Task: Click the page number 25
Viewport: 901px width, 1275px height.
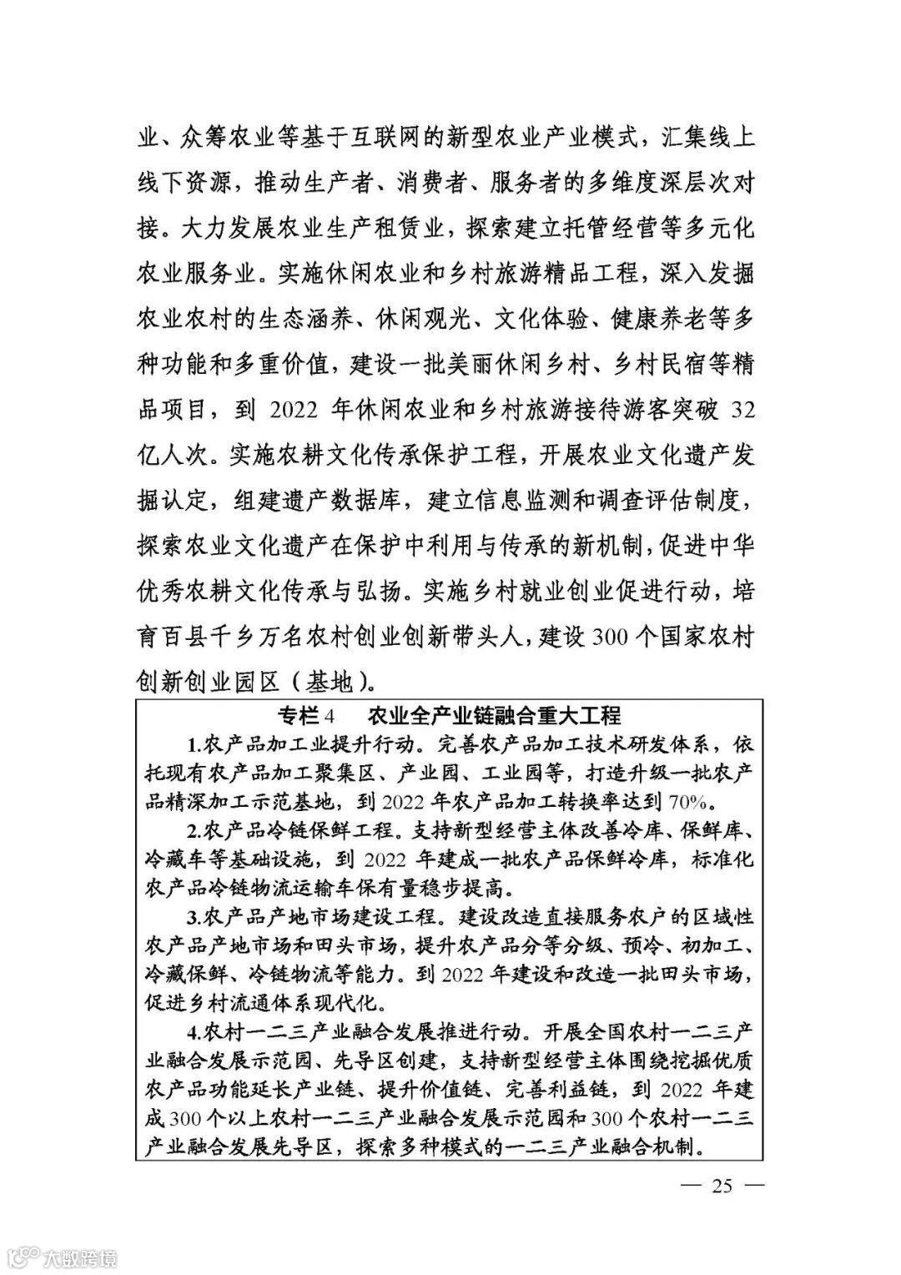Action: coord(722,1185)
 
